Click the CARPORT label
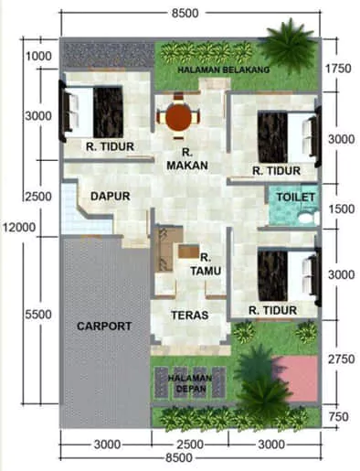(x=104, y=326)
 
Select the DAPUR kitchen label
(x=110, y=196)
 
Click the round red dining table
(x=176, y=118)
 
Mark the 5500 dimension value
(x=39, y=314)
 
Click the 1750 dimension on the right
(x=339, y=68)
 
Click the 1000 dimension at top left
(x=39, y=57)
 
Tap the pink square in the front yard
(x=297, y=376)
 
